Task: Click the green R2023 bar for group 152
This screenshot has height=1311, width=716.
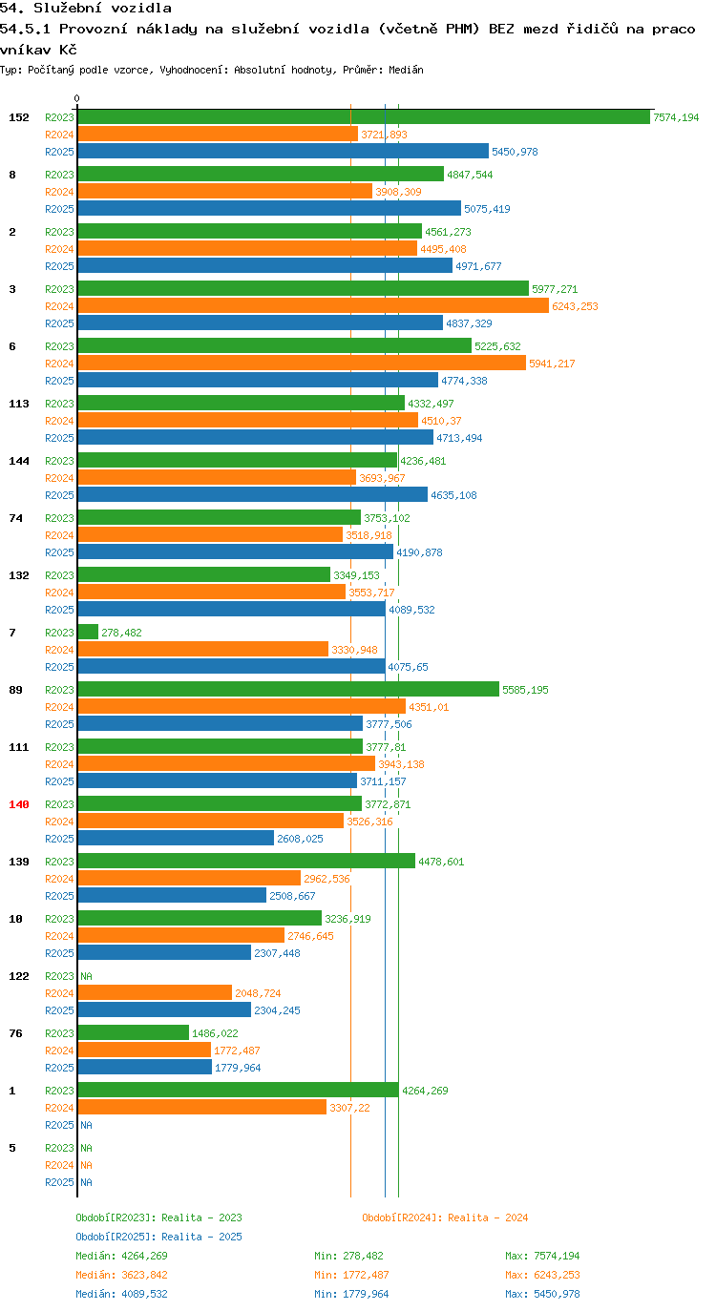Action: tap(364, 117)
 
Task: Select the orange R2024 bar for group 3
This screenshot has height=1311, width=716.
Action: tap(313, 305)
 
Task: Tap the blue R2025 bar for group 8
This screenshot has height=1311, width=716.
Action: tap(269, 208)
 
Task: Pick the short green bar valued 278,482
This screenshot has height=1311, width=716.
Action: tap(88, 632)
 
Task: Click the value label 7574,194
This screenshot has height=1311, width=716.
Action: tap(676, 117)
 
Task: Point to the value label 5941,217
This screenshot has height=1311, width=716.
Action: tap(552, 364)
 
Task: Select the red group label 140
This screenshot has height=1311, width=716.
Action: tap(19, 804)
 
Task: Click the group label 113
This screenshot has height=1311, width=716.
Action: tap(19, 404)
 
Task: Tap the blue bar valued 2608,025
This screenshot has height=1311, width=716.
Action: tap(176, 838)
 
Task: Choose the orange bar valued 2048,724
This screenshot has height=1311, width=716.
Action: tap(155, 992)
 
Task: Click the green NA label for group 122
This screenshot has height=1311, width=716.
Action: tap(86, 976)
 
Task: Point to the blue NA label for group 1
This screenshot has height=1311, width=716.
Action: tap(86, 1125)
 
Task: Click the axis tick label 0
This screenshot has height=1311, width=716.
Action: tap(76, 98)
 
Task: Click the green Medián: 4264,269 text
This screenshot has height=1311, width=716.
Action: tap(122, 1256)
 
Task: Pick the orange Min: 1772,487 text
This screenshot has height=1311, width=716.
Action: tap(351, 1275)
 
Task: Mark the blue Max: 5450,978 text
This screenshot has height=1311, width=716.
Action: tap(542, 1294)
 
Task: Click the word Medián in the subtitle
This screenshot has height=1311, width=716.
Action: tap(406, 70)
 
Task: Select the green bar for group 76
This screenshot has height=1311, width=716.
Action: tap(134, 1033)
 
